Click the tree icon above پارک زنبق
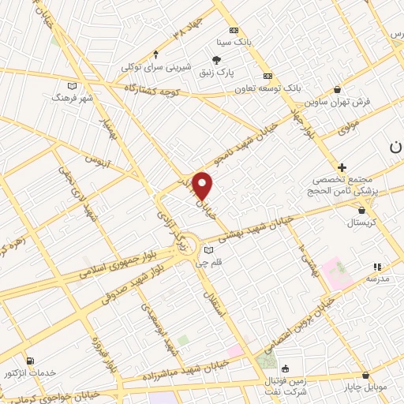[217, 59]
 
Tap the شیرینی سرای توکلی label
[158, 67]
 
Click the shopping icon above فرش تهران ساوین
[338, 89]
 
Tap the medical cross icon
[342, 167]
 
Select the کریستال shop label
[363, 224]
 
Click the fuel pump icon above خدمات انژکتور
[30, 359]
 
